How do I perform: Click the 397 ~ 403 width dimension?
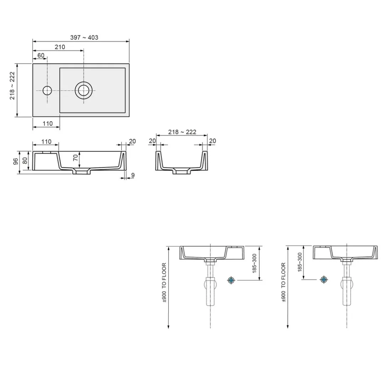[x=84, y=37]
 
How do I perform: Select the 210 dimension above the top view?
[x=60, y=47]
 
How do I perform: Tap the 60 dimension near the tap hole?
[x=41, y=55]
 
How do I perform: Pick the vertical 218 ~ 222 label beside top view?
[x=12, y=86]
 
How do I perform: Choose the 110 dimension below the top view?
[x=48, y=123]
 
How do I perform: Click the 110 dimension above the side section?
[x=46, y=142]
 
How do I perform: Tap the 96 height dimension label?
[x=15, y=161]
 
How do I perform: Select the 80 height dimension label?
[x=25, y=160]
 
